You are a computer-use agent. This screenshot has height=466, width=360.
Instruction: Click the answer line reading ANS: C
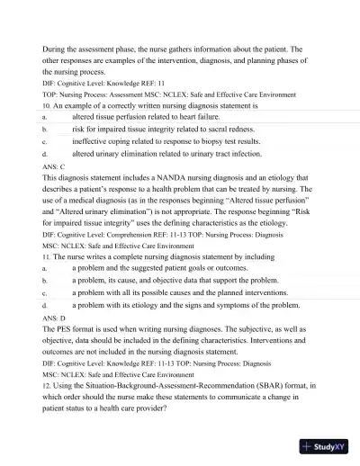[54, 166]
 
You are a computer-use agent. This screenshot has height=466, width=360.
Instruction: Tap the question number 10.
[47, 105]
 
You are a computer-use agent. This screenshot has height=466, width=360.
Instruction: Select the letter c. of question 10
[45, 141]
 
